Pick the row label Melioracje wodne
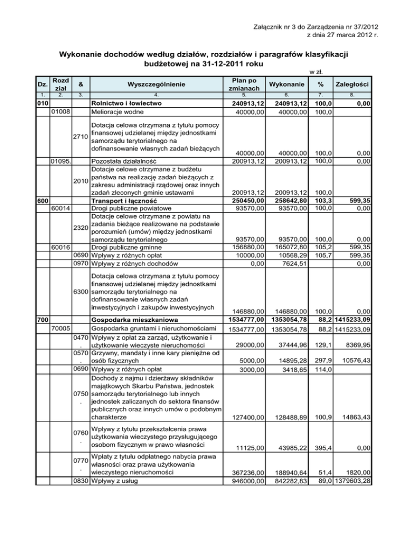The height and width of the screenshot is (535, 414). coord(119,111)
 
